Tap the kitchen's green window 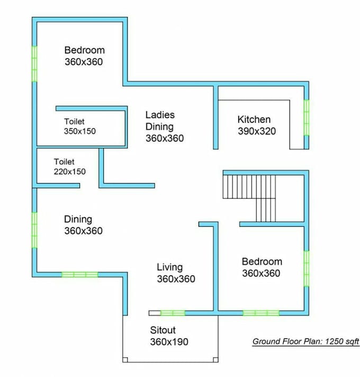tap(306, 118)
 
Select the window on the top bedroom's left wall tap(34, 63)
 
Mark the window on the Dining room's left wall tap(34, 229)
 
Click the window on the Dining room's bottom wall tap(79, 274)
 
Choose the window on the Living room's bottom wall tap(173, 313)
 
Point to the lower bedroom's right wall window tap(306, 268)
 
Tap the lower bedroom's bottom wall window tap(261, 313)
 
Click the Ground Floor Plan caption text tap(305, 342)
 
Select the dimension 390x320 tap(256, 131)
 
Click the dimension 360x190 tap(169, 342)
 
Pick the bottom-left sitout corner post tap(125, 360)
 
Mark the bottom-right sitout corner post tap(215, 360)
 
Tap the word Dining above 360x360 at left tap(78, 219)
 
